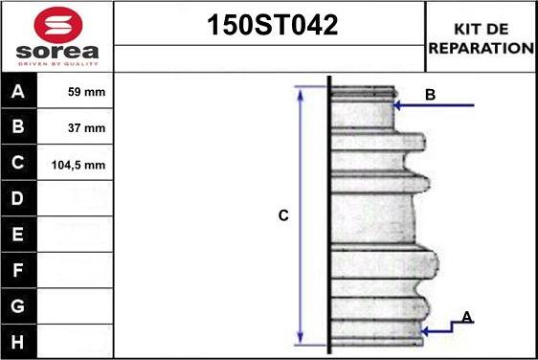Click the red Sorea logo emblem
(x=58, y=24)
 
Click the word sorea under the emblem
(x=57, y=52)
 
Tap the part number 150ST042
(x=273, y=25)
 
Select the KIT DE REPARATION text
(x=482, y=38)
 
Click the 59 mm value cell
(x=86, y=92)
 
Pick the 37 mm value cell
(x=86, y=128)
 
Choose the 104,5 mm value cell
(x=78, y=165)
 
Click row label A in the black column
(x=18, y=91)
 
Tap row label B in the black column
(x=18, y=126)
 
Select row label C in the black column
(x=18, y=163)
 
